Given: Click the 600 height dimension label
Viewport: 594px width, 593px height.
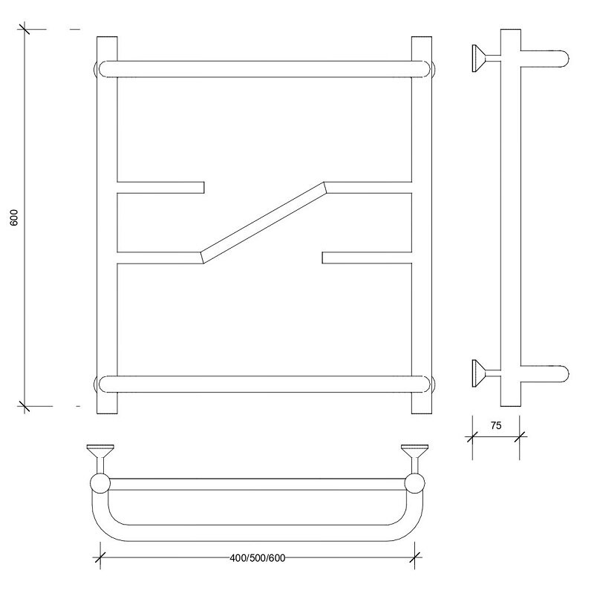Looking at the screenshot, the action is [14, 217].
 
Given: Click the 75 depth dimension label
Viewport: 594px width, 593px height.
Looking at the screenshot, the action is [496, 425].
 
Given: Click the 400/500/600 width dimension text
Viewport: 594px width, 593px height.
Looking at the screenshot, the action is [258, 558].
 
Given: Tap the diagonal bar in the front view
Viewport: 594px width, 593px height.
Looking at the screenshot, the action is [264, 223].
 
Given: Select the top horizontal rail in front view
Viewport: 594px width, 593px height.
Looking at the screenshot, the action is [264, 69].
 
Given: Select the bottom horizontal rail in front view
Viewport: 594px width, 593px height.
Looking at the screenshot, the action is [264, 384].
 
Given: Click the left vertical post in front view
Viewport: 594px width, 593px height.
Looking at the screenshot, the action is [107, 226].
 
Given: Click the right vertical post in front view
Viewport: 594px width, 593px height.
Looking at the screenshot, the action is [422, 226].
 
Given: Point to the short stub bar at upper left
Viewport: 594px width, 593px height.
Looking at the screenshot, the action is [160, 188].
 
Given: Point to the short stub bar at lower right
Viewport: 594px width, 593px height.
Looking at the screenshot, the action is [367, 258].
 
